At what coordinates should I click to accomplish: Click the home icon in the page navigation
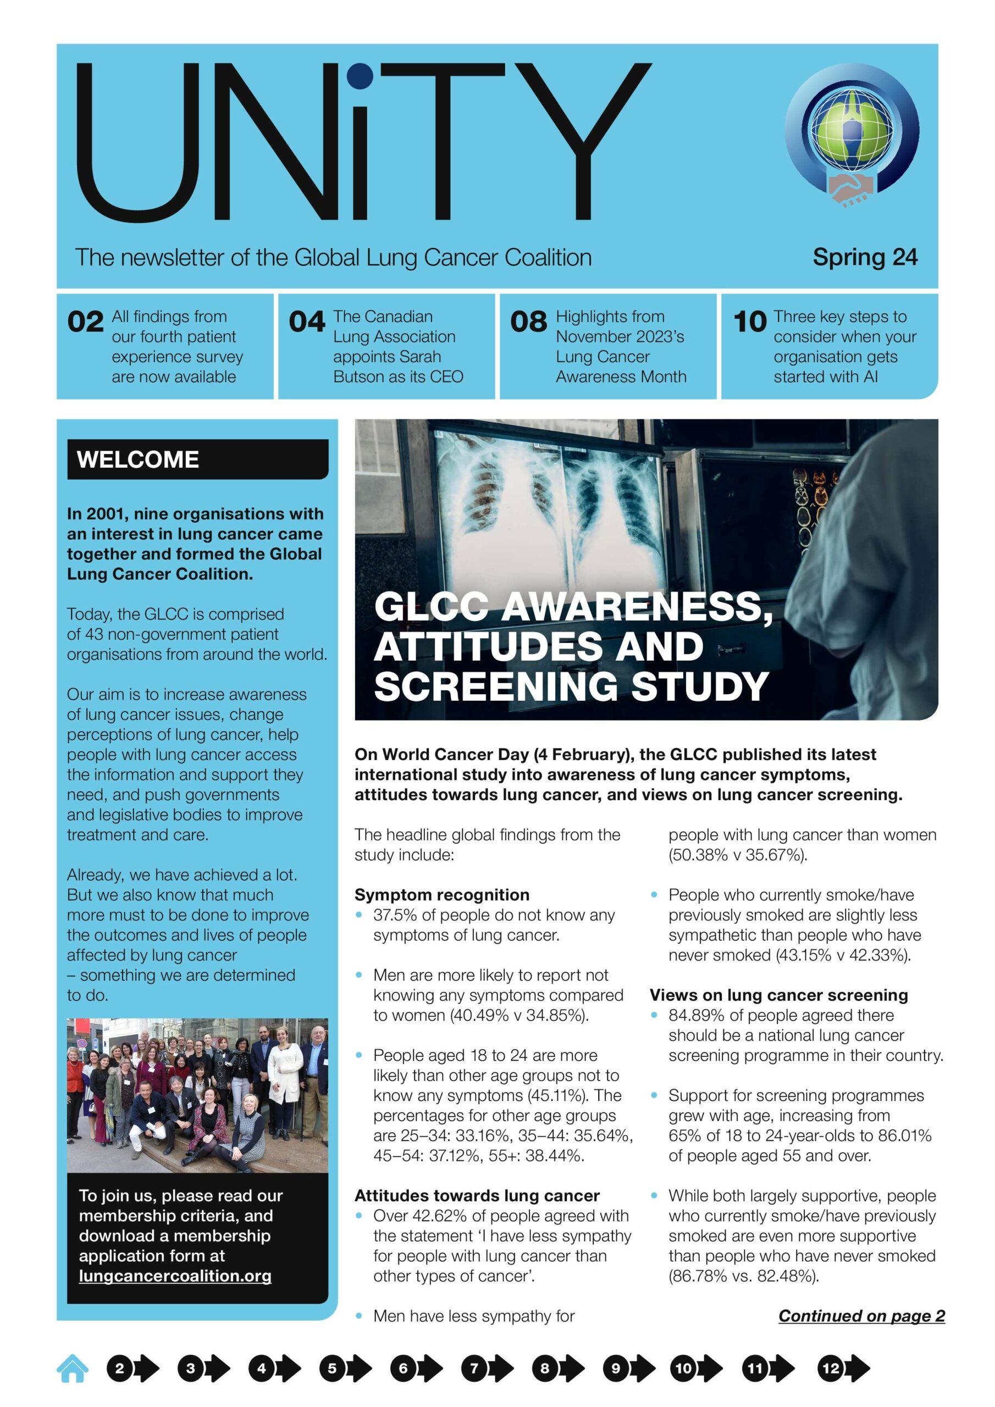tap(73, 1368)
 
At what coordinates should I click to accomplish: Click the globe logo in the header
tap(852, 132)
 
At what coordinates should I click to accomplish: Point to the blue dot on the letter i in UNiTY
tap(360, 76)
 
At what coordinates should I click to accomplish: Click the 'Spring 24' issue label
tap(864, 257)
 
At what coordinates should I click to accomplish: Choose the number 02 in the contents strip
tap(85, 322)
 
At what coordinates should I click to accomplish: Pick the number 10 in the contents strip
tap(750, 322)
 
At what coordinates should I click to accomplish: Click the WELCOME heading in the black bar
tap(138, 459)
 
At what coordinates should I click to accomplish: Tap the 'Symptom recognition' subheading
tap(441, 895)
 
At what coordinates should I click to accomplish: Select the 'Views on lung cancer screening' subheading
tap(778, 995)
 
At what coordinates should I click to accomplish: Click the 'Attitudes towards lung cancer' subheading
tap(477, 1195)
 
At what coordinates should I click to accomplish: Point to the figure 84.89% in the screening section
tap(695, 1016)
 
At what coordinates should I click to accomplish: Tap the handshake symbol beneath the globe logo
tap(850, 188)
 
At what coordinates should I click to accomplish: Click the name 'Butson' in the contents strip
tap(358, 377)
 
